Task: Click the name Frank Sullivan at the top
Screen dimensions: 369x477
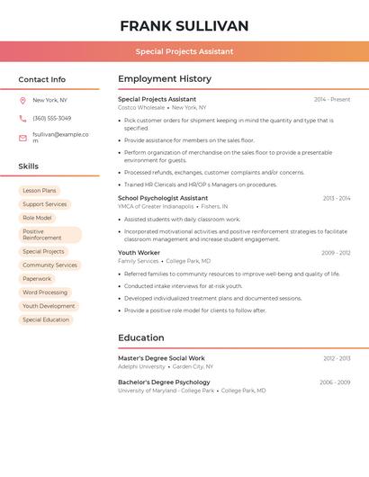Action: (x=184, y=26)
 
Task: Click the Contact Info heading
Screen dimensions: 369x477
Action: (x=42, y=79)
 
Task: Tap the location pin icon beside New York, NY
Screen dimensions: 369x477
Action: (x=22, y=100)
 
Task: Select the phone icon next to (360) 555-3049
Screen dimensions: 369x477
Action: (x=22, y=118)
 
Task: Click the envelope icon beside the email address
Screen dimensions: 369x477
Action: (x=22, y=138)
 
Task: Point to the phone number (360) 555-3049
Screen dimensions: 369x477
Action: (x=51, y=118)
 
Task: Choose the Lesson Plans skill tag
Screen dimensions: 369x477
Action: (x=40, y=191)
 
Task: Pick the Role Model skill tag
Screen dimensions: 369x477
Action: (x=37, y=218)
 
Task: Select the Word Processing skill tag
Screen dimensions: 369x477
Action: (x=45, y=292)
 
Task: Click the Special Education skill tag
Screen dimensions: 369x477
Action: (x=46, y=319)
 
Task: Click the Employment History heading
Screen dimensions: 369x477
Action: (x=165, y=79)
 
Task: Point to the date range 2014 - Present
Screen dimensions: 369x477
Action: (x=332, y=99)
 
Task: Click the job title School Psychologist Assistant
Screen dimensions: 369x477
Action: (x=163, y=198)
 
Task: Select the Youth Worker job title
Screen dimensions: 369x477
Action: (x=139, y=253)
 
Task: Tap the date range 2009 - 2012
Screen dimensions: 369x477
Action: (x=336, y=253)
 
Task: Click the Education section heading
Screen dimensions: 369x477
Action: (x=141, y=338)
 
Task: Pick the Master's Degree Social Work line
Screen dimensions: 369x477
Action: (x=161, y=358)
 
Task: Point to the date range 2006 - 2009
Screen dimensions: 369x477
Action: (x=335, y=382)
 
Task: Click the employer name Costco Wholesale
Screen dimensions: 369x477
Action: (x=141, y=107)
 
